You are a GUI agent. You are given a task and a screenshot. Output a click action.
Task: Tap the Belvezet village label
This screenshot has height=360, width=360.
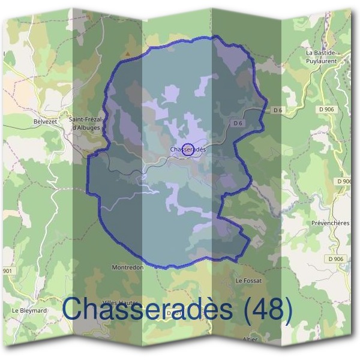click(45, 121)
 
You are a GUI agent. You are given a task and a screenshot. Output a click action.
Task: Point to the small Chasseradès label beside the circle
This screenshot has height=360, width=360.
click(188, 149)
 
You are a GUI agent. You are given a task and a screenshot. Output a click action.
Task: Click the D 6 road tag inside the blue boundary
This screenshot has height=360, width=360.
click(237, 124)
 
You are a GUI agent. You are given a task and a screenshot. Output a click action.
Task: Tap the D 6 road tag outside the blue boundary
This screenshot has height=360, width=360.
click(277, 109)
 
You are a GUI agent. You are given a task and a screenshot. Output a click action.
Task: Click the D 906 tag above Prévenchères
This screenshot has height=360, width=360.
click(344, 181)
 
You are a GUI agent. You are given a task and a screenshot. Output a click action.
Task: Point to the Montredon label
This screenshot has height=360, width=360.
click(128, 268)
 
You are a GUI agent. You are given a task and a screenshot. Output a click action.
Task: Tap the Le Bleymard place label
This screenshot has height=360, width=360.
click(28, 310)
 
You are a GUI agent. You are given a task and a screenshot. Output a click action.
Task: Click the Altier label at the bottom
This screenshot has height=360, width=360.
click(248, 339)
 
